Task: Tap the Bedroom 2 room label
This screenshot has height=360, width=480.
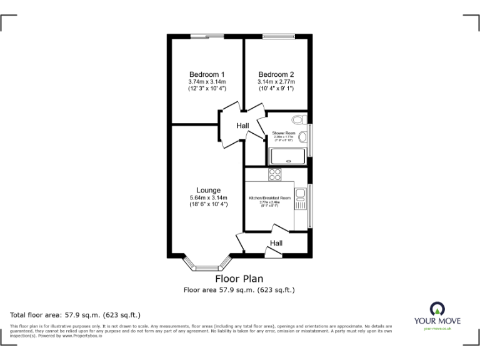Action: pyautogui.click(x=276, y=74)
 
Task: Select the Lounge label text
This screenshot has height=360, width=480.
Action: pyautogui.click(x=208, y=191)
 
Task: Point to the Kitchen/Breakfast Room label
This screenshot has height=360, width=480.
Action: pyautogui.click(x=270, y=198)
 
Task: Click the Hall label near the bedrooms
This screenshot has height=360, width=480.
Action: pyautogui.click(x=242, y=126)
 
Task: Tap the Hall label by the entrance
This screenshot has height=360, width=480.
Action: pyautogui.click(x=276, y=243)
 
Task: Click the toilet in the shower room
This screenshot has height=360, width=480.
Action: pyautogui.click(x=299, y=119)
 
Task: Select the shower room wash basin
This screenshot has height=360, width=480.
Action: pyautogui.click(x=303, y=137)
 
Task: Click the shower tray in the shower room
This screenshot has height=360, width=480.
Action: pyautogui.click(x=287, y=156)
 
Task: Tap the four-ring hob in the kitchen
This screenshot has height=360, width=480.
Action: pyautogui.click(x=275, y=174)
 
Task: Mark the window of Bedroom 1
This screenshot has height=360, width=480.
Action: pyautogui.click(x=207, y=36)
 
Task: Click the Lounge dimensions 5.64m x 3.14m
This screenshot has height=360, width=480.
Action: pyautogui.click(x=208, y=199)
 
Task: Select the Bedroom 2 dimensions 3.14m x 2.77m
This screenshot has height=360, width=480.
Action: pyautogui.click(x=276, y=82)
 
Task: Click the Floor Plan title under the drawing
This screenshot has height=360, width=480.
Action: pyautogui.click(x=239, y=279)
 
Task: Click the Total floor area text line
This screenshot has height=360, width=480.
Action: pyautogui.click(x=76, y=314)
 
